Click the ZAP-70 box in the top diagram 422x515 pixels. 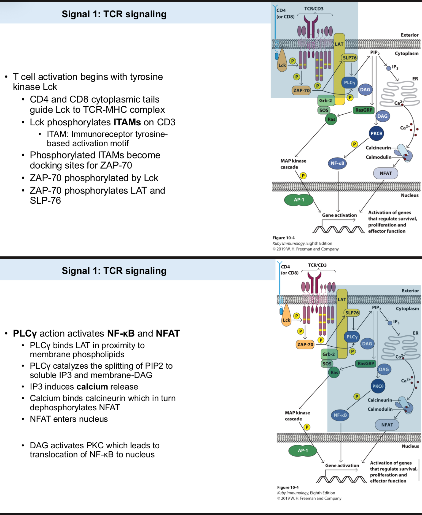pos(301,90)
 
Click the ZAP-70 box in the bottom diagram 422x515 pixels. pos(305,344)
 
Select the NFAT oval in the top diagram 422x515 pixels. pos(386,173)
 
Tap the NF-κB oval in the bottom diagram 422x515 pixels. pos(340,415)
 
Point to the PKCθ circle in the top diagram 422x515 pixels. pos(376,133)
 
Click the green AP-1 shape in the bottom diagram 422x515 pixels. pos(303,451)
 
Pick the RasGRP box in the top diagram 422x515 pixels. pos(364,110)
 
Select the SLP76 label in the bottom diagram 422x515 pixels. pos(352,313)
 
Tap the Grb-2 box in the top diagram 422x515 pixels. pos(326,101)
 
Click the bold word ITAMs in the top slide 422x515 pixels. pos(127,122)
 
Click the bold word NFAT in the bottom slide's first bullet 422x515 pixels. pos(168,333)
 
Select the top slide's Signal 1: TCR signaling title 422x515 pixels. pos(114,14)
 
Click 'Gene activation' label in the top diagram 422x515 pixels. pos(339,215)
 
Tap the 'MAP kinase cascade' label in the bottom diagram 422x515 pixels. pos(297,416)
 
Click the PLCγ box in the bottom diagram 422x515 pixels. pos(352,337)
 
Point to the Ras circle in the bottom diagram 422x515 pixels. pos(334,373)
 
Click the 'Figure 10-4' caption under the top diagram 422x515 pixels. pos(283,238)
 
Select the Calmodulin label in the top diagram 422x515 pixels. pos(378,157)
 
